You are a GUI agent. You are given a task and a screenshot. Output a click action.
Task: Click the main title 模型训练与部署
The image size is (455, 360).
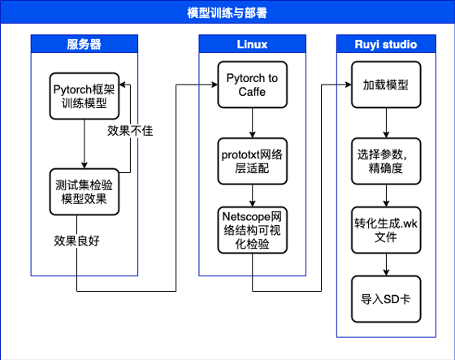(x=227, y=13)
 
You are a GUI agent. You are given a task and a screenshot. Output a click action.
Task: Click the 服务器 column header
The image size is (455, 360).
(x=84, y=45)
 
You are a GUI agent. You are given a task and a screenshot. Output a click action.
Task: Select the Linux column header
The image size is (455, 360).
(x=252, y=45)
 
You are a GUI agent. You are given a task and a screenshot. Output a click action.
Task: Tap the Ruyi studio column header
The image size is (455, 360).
(x=386, y=45)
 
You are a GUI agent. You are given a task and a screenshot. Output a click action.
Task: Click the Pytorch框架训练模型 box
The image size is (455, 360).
(x=84, y=96)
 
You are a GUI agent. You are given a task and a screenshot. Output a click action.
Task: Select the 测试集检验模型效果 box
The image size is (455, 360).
(x=84, y=192)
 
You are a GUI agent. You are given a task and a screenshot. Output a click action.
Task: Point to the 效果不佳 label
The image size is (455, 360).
(x=130, y=131)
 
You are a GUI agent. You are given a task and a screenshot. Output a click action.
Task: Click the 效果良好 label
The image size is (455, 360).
(x=76, y=241)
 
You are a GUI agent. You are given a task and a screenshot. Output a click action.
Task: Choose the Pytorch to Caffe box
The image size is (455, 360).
(x=253, y=85)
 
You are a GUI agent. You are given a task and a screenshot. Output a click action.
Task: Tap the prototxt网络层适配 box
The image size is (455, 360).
(x=253, y=161)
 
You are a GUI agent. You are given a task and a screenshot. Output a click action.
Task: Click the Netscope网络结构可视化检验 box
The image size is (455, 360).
(x=253, y=230)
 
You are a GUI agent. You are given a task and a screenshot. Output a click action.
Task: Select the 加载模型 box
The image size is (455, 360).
(x=386, y=85)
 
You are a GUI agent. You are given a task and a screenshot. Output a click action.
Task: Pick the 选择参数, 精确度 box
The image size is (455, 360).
(x=386, y=161)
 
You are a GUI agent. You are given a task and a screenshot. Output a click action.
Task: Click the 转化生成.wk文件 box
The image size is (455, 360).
(x=386, y=230)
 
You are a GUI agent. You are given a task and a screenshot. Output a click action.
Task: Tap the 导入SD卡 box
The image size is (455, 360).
(x=386, y=299)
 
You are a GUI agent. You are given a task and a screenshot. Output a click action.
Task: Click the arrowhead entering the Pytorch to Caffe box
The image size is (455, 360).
(x=215, y=85)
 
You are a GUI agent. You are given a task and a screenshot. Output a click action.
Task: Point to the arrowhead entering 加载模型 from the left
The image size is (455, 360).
(x=349, y=85)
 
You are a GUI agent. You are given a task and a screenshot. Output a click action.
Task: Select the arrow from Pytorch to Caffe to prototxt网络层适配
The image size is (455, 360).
(x=253, y=123)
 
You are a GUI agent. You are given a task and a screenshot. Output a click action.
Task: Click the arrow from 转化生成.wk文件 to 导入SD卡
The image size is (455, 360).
(x=386, y=264)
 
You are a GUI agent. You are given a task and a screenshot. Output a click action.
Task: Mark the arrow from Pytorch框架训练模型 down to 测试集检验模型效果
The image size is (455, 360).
(x=84, y=144)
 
